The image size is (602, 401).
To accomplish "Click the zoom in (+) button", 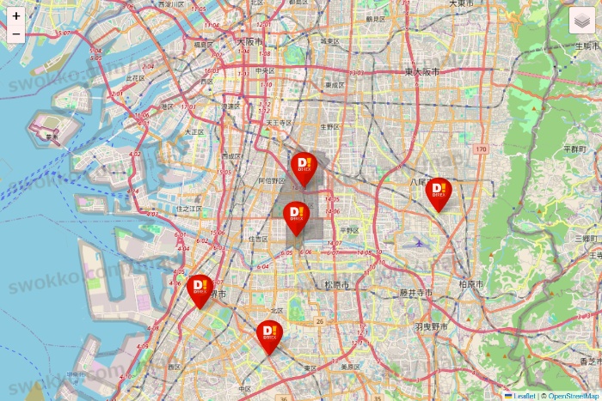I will click(16, 16).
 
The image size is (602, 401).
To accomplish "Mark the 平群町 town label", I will click(574, 149).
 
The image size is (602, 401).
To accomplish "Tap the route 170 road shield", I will click(481, 150).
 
